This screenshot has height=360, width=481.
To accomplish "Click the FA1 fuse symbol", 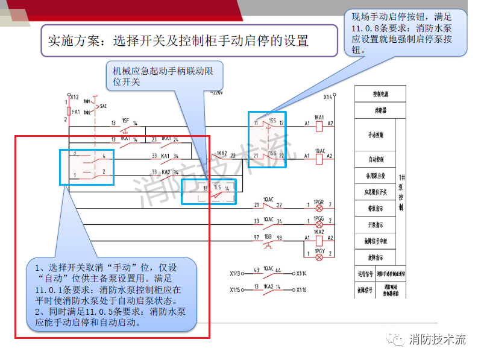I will pos(67,112).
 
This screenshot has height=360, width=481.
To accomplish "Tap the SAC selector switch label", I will pos(103,106).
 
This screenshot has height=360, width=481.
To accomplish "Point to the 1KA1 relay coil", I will pos(319,125).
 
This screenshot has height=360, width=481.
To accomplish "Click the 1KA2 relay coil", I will pos(319,239).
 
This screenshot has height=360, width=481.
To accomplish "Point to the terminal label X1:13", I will pos(236,273).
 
